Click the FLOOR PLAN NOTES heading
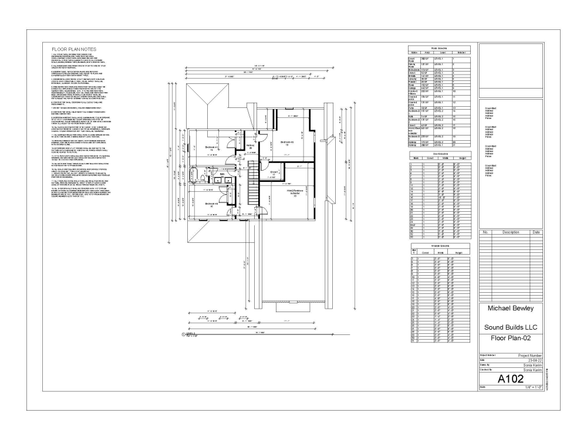(x=73, y=49)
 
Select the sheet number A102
(x=511, y=380)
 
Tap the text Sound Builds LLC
(x=510, y=327)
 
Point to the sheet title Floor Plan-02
(x=510, y=339)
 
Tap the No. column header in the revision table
(x=485, y=232)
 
